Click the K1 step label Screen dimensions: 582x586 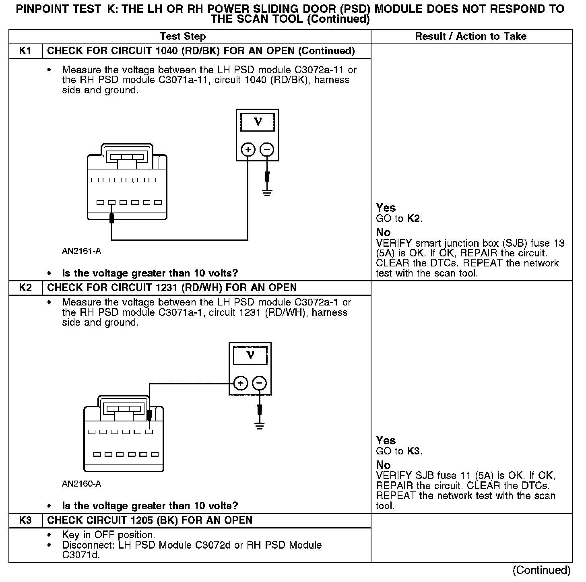click(x=25, y=51)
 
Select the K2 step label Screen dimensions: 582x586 click(x=25, y=288)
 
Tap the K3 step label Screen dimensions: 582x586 click(x=25, y=520)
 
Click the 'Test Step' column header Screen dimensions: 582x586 click(x=183, y=37)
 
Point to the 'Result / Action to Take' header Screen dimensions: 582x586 click(x=470, y=37)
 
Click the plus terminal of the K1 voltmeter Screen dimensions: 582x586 click(x=248, y=150)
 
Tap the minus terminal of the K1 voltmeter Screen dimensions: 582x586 click(x=267, y=150)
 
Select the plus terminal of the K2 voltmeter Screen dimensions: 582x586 click(x=241, y=383)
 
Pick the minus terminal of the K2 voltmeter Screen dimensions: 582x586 click(x=260, y=383)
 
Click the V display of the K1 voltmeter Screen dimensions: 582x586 click(x=258, y=122)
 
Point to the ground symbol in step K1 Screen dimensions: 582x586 click(x=267, y=192)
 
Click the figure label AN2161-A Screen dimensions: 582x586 click(x=81, y=252)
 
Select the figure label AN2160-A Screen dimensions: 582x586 click(x=81, y=484)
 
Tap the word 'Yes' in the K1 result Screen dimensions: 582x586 click(x=386, y=208)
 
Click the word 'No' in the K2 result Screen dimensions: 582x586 click(x=383, y=465)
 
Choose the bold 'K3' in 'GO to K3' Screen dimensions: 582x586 click(x=414, y=451)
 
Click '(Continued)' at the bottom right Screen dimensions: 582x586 click(x=541, y=570)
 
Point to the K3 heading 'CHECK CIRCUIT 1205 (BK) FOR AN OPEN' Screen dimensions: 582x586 click(x=150, y=520)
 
